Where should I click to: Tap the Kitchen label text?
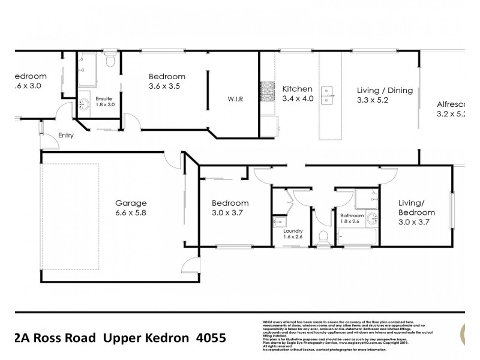(297, 89)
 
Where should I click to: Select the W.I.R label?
(235, 99)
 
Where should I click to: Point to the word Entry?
(65, 136)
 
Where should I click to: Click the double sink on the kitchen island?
(328, 92)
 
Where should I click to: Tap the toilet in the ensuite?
(109, 62)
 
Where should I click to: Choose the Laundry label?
(293, 230)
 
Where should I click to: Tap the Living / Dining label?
(385, 91)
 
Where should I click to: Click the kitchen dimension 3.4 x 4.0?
(298, 99)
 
